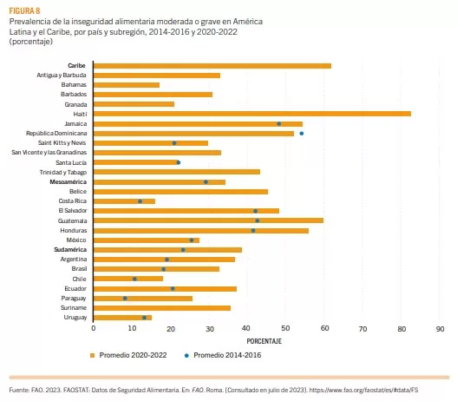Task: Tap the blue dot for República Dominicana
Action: pos(301,134)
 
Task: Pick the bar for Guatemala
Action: pos(207,220)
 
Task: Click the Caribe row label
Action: pos(76,65)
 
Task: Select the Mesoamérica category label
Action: pos(69,182)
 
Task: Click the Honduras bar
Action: pos(200,230)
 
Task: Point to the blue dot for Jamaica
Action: pos(278,123)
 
